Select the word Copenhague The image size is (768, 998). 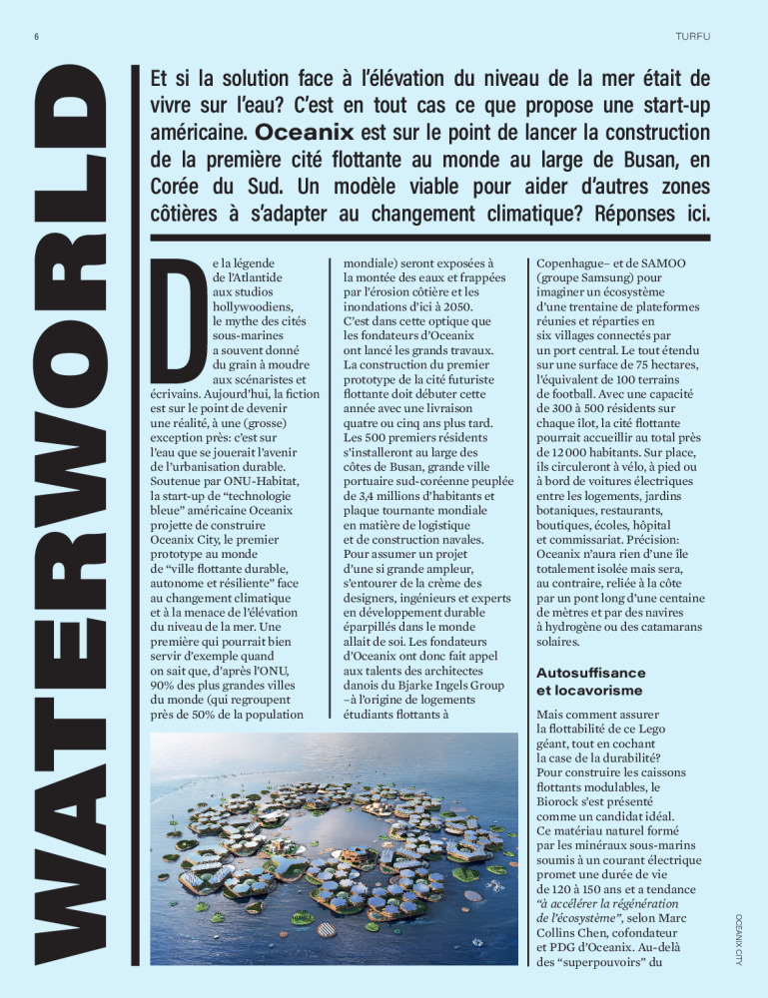(x=572, y=261)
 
